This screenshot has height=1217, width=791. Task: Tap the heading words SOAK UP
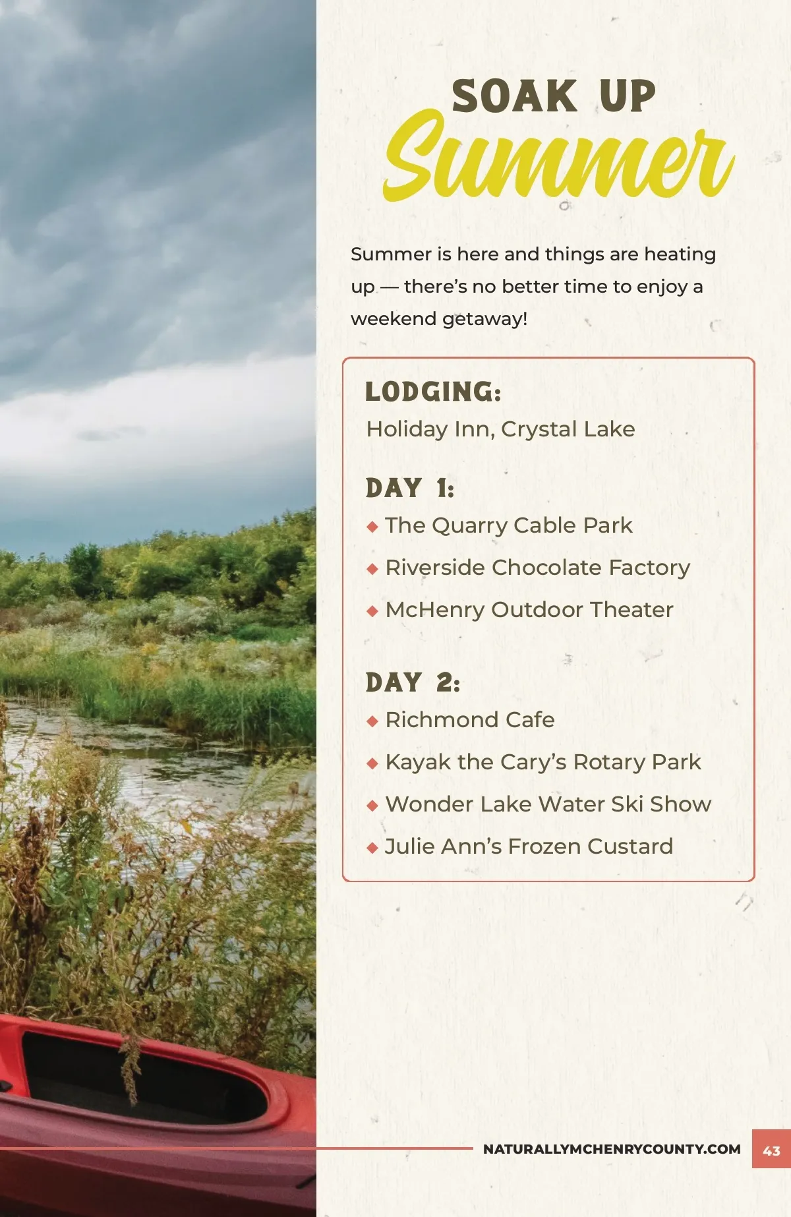point(554,96)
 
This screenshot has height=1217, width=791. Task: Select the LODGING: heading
point(433,392)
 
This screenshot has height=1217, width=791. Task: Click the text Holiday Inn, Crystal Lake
point(500,429)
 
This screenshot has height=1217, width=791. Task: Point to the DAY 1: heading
point(410,488)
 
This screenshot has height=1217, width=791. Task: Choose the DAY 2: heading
point(413,682)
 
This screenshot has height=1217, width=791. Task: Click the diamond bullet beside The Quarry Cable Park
point(372,526)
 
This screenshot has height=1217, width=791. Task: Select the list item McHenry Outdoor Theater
point(529,610)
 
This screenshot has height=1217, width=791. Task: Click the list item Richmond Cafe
point(470,719)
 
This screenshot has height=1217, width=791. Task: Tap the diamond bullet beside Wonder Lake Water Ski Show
point(372,805)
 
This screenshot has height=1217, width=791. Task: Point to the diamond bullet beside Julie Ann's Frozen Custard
point(372,847)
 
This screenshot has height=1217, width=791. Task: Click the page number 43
point(771,1151)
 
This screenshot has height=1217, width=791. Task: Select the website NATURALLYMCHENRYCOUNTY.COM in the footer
point(612,1149)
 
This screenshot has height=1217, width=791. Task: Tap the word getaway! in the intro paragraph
point(484,319)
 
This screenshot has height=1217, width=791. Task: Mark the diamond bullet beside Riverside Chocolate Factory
point(372,568)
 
